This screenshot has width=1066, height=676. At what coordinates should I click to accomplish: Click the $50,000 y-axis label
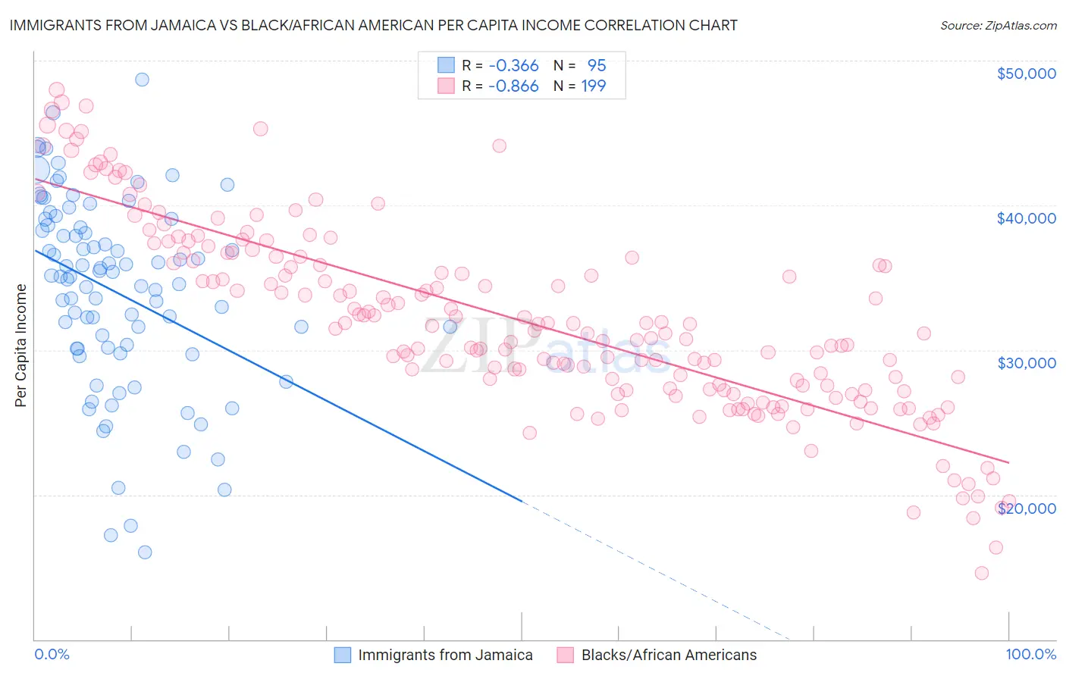(x=1026, y=74)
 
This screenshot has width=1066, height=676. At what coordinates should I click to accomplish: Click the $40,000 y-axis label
(x=1026, y=218)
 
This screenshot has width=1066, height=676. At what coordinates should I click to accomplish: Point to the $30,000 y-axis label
(x=1026, y=363)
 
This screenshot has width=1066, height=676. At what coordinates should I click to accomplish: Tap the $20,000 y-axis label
(x=1026, y=509)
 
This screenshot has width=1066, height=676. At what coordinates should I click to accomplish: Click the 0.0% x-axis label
(x=52, y=654)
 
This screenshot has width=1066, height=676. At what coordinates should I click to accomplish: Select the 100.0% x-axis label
(x=1030, y=654)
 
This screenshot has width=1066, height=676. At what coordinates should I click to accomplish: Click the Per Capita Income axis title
(x=21, y=345)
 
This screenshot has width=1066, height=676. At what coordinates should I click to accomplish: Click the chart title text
(x=373, y=25)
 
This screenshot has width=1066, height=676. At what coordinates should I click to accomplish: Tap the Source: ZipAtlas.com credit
(x=998, y=26)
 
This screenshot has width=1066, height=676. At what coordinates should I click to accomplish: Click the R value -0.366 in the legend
(x=513, y=66)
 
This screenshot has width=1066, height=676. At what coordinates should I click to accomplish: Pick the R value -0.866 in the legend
(x=513, y=86)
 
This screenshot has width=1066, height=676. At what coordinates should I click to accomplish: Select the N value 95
(x=597, y=66)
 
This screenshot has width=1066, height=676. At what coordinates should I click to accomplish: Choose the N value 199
(x=594, y=86)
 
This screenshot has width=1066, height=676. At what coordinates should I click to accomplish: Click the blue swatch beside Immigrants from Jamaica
(x=343, y=655)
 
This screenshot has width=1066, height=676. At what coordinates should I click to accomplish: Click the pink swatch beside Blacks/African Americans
(x=566, y=655)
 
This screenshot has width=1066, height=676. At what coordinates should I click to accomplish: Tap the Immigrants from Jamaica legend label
(x=445, y=655)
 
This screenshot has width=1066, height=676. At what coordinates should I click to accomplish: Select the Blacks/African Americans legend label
(x=669, y=655)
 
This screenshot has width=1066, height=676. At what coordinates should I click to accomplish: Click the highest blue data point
(x=142, y=80)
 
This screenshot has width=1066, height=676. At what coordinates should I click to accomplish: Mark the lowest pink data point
(x=982, y=573)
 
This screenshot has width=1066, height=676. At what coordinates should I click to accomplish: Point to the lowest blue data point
(x=145, y=552)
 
